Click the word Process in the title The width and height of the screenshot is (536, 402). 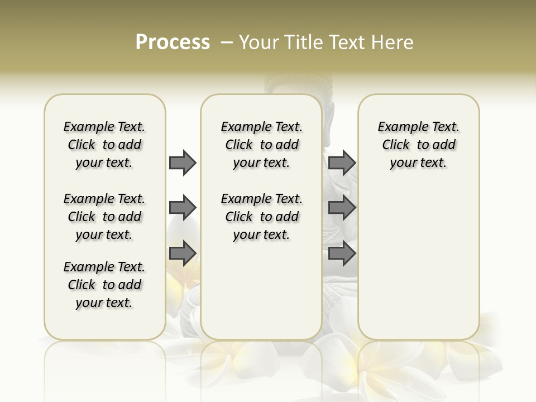(173, 42)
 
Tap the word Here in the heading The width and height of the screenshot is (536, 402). (393, 42)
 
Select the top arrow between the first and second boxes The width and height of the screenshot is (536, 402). (183, 162)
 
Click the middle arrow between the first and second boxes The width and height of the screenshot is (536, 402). (183, 208)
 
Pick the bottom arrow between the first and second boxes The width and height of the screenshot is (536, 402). (183, 253)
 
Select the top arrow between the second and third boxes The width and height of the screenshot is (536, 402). (342, 162)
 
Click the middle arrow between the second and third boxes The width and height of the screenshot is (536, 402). (342, 208)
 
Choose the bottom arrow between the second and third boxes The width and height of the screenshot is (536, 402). (342, 253)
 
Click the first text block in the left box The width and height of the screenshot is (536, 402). (104, 145)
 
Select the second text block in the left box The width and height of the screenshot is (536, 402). (104, 217)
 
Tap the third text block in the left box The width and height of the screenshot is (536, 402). (104, 285)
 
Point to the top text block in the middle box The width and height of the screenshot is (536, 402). (261, 145)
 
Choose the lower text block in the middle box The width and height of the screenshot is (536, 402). (261, 217)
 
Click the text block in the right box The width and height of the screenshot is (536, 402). (418, 145)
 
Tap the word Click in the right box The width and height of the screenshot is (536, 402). (396, 145)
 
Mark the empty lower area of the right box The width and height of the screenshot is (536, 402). (418, 257)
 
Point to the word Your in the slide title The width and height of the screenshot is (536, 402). (259, 42)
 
